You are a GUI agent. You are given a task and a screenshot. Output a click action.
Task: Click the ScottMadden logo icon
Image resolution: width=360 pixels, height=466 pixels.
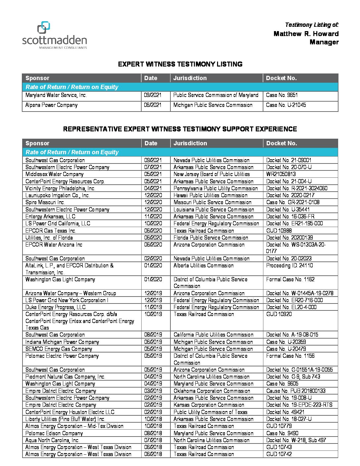(x=43, y=27)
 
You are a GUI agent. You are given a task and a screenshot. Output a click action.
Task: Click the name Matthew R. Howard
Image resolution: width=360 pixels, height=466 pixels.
(x=306, y=34)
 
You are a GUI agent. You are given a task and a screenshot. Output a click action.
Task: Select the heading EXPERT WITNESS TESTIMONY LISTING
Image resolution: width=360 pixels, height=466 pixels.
(x=180, y=64)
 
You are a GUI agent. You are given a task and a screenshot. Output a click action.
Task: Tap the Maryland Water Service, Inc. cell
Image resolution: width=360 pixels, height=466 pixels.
(x=56, y=95)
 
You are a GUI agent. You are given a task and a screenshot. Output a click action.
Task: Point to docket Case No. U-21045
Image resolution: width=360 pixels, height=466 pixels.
(x=286, y=105)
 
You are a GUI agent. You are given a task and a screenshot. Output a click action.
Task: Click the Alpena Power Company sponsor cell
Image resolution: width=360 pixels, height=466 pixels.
(x=51, y=105)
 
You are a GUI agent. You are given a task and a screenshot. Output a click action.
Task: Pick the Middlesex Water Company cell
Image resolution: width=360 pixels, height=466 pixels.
(x=54, y=174)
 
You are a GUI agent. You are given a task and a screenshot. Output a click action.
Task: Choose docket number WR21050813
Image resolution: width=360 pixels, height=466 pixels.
(x=281, y=174)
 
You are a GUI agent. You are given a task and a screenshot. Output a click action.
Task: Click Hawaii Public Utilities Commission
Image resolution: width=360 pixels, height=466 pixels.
(x=210, y=195)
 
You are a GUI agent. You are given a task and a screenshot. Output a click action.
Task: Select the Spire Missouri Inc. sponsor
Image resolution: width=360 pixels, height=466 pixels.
(x=45, y=202)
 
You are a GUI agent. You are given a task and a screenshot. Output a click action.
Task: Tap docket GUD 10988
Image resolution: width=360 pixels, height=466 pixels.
(x=279, y=231)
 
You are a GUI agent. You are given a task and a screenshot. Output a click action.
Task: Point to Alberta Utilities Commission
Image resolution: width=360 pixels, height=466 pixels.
(x=203, y=265)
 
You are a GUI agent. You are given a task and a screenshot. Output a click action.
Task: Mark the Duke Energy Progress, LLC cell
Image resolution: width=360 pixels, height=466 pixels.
(x=55, y=307)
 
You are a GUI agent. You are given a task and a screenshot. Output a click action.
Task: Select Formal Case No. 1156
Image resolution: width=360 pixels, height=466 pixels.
(x=290, y=356)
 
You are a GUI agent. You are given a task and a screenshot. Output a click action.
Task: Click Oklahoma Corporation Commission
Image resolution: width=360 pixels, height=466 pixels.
(x=212, y=391)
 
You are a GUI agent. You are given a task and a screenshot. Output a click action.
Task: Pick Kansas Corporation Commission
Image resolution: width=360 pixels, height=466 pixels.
(x=209, y=405)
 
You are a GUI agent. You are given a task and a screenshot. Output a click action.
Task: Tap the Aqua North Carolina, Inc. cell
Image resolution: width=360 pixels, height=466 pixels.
(x=52, y=440)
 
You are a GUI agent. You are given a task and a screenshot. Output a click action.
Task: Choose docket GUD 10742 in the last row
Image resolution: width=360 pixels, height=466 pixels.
(x=279, y=454)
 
